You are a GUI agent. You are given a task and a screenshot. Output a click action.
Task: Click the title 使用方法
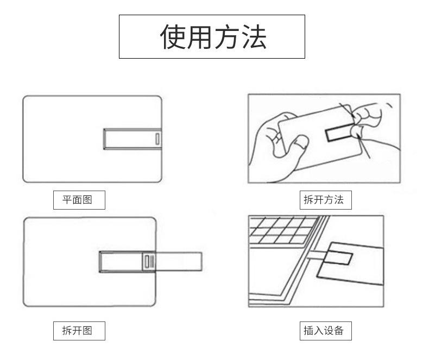[x=212, y=37]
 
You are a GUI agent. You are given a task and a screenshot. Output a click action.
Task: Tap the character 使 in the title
[x=173, y=37]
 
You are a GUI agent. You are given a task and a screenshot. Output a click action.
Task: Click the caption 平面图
[x=78, y=200]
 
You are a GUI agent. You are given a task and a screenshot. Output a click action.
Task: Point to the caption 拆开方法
[x=324, y=200]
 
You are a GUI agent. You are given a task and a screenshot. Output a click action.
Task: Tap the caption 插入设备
[x=324, y=330]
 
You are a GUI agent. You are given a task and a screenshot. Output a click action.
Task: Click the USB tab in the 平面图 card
[x=132, y=138]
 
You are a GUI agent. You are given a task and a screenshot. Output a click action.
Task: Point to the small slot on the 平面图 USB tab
[x=157, y=138]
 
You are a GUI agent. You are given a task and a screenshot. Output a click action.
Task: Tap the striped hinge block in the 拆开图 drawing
[x=149, y=262]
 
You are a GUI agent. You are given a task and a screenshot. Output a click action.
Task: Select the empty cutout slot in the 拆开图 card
[x=121, y=262]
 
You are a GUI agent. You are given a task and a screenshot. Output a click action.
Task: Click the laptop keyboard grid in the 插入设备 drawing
[x=282, y=230]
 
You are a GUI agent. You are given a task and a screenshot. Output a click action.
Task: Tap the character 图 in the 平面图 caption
[x=87, y=200]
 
